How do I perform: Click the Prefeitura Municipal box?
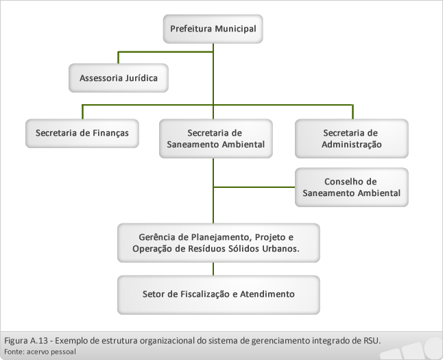[x=213, y=29]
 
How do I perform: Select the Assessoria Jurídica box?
[x=119, y=78]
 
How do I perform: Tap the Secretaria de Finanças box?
[x=82, y=134]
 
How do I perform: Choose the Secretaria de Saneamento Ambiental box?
[x=216, y=139]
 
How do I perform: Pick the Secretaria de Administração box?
[x=352, y=139]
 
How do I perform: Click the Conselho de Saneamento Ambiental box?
[x=352, y=187]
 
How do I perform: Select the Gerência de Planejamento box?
[x=219, y=243]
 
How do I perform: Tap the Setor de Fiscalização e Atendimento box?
[x=219, y=295]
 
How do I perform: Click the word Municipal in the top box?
[x=235, y=29]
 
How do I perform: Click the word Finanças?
[x=111, y=134]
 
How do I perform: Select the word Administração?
[x=352, y=145]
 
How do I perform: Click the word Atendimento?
[x=267, y=294]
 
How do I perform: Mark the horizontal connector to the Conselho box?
[x=254, y=187]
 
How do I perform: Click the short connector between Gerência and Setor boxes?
[x=213, y=269]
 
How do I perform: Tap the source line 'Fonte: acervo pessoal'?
[x=40, y=352]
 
